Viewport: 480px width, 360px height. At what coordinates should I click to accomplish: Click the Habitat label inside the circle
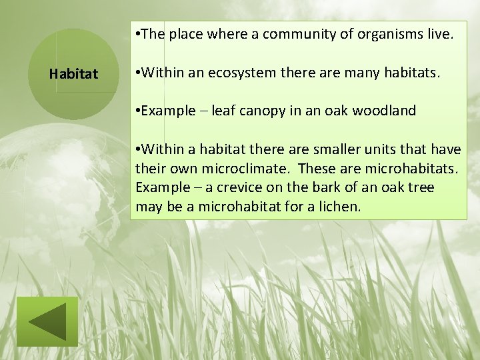tap(73, 73)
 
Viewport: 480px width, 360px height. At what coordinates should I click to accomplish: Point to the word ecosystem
tap(245, 73)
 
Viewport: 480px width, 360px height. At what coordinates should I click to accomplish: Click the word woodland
tap(384, 111)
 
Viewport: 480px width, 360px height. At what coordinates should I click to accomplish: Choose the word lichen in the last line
tap(339, 207)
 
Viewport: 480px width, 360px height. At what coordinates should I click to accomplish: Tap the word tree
tap(421, 188)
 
